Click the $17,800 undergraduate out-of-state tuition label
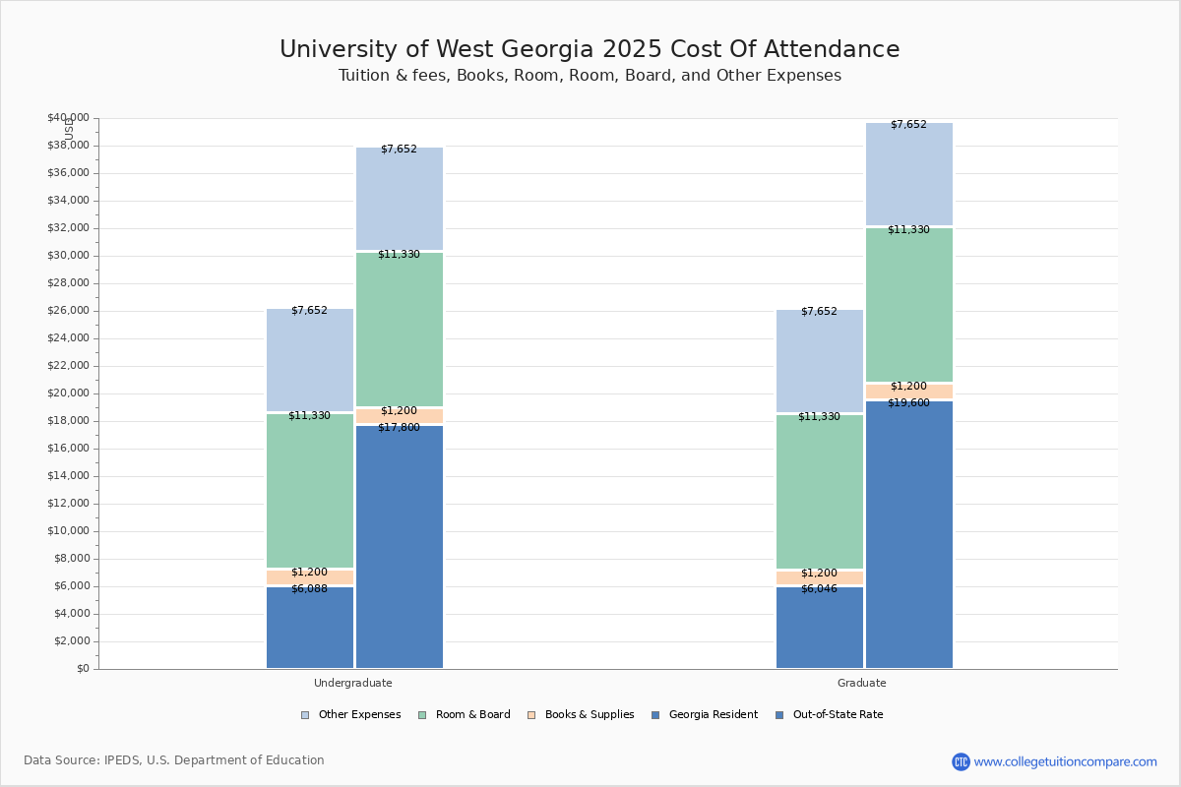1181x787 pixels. [x=399, y=428]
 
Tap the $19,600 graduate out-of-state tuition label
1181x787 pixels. [x=908, y=402]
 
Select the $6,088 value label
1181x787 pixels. [x=309, y=589]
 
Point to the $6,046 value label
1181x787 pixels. [x=819, y=589]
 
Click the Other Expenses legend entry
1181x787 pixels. [x=351, y=715]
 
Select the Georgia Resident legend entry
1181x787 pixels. [x=705, y=715]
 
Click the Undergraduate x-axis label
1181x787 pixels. [x=353, y=683]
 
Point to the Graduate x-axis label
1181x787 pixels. [x=862, y=683]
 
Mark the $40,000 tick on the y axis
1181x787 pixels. [x=68, y=118]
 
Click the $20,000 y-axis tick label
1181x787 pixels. [x=68, y=393]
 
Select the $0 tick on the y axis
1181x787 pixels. [x=81, y=669]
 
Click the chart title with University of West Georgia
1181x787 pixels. [x=590, y=50]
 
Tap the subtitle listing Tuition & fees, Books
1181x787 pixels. [x=590, y=76]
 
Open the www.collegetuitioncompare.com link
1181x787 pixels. [x=1065, y=761]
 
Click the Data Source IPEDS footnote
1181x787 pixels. [x=174, y=760]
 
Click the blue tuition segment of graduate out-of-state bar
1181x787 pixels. [x=908, y=541]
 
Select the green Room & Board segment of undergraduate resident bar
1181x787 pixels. [x=309, y=492]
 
